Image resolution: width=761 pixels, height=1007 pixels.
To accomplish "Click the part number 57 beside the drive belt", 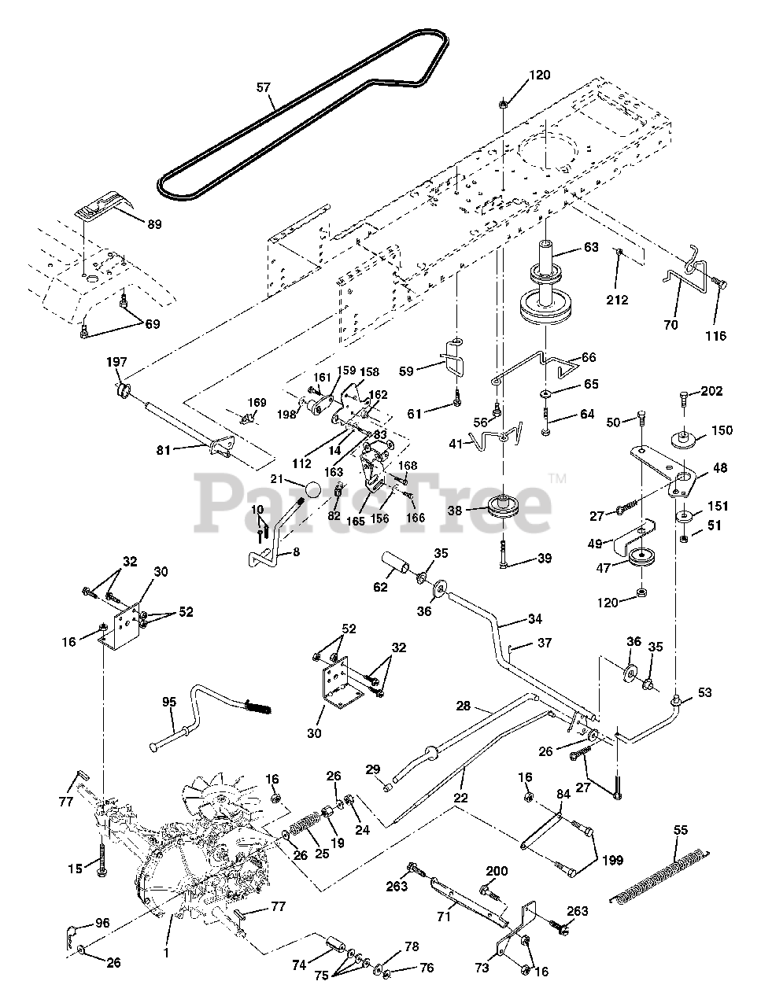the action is tap(264, 87).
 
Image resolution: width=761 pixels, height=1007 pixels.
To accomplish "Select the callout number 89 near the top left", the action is tap(154, 224).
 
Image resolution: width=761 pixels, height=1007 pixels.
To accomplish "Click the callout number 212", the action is tap(617, 300).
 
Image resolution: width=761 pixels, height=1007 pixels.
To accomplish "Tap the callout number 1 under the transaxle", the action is tap(167, 954).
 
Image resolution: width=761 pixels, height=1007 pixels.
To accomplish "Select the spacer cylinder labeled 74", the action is tap(335, 944).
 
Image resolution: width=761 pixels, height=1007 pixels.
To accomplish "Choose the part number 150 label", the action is tap(722, 430).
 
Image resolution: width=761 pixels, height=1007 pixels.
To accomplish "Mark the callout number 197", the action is tap(116, 362).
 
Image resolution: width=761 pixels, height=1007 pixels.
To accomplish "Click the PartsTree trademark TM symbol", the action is tap(557, 478).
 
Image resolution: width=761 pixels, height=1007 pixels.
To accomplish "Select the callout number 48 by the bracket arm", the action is tap(720, 468).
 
